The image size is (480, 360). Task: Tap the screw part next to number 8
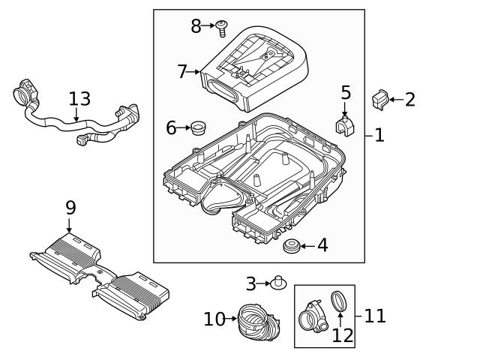(x=221, y=29)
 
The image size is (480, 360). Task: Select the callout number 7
(x=182, y=72)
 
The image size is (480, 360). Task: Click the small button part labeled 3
(x=280, y=283)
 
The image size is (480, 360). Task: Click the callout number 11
(x=375, y=316)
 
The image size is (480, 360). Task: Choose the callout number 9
(x=70, y=207)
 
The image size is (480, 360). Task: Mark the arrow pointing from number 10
(x=231, y=319)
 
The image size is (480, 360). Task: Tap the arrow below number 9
(x=70, y=225)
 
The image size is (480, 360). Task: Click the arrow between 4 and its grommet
(x=307, y=245)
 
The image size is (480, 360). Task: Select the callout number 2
(x=410, y=99)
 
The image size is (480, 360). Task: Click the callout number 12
(x=342, y=335)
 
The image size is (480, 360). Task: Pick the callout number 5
(x=345, y=93)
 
